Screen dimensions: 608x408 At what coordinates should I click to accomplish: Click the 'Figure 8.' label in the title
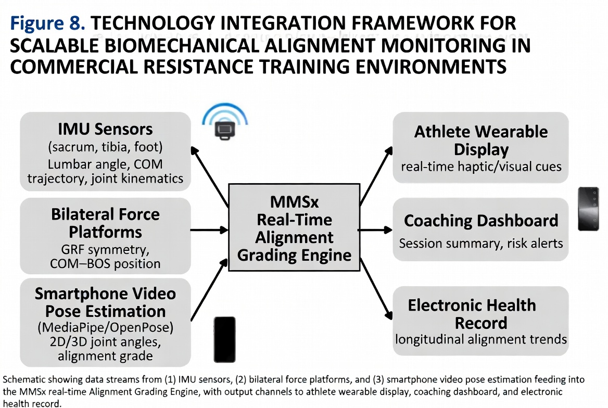coord(47,23)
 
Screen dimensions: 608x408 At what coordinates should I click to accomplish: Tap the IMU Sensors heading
coord(105,129)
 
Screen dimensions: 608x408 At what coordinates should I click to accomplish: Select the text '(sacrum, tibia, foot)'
coord(105,147)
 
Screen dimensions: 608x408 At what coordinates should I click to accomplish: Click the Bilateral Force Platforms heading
coord(105,223)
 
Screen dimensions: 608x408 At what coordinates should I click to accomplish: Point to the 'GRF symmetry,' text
coord(105,249)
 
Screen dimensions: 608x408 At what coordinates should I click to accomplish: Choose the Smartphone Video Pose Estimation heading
coord(105,302)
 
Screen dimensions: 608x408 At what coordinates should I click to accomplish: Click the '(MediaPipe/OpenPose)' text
coord(105,327)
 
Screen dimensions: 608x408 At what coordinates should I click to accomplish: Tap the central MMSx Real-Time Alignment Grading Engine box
coord(294,227)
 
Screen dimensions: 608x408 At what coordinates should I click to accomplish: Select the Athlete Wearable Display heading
coord(481,141)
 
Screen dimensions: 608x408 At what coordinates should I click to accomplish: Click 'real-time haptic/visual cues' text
coord(481,167)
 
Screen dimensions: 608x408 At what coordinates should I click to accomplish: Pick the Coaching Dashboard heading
coord(481,221)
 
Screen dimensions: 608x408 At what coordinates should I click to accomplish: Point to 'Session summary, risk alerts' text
coord(481,243)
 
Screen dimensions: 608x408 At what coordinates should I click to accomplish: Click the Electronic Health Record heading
coord(472,314)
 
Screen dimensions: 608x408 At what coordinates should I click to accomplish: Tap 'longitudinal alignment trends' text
coord(481,339)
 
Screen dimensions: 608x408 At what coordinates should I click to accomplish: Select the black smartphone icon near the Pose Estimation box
coord(225,339)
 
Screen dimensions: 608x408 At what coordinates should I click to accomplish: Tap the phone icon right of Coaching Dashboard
coord(588,209)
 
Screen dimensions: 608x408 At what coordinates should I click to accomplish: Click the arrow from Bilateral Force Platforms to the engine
coord(209,230)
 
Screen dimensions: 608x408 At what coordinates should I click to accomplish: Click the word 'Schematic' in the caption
coord(22,379)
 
